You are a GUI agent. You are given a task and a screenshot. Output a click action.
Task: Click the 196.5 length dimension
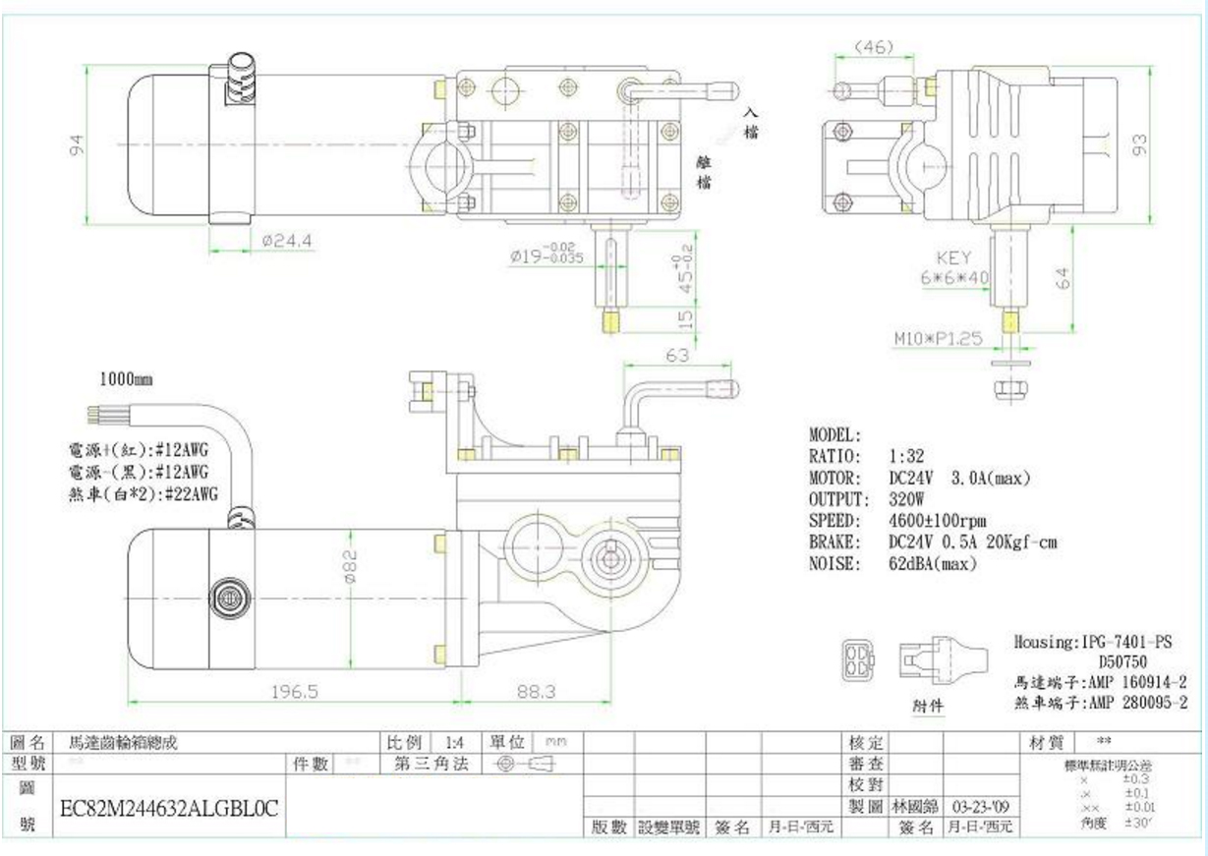click(294, 692)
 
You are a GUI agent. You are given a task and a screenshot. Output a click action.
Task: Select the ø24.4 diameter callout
click(288, 240)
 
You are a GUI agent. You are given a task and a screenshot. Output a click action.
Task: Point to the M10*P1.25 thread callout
click(938, 338)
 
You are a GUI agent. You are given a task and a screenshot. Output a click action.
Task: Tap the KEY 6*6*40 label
click(953, 268)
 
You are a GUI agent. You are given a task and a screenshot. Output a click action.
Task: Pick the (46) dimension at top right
click(873, 47)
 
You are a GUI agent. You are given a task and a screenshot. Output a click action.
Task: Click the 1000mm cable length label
click(126, 378)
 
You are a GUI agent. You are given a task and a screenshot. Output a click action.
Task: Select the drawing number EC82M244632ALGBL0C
click(169, 809)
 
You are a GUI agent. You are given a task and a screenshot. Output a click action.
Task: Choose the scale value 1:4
click(453, 742)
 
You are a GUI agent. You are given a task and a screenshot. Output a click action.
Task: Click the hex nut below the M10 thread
click(1005, 389)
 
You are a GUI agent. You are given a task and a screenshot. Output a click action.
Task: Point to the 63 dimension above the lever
click(678, 356)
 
